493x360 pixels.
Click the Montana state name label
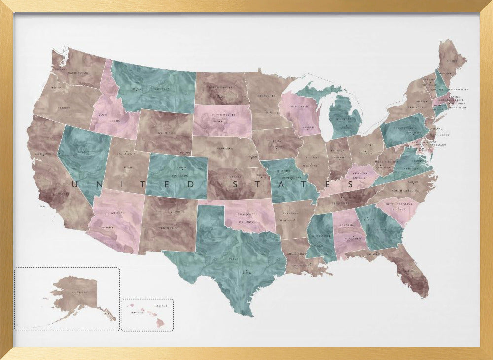point(163,90)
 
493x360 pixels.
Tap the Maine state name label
point(452,62)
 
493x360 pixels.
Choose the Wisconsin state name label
point(299,107)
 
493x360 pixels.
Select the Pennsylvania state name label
point(404,127)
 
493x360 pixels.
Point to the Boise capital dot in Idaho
point(99,115)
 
